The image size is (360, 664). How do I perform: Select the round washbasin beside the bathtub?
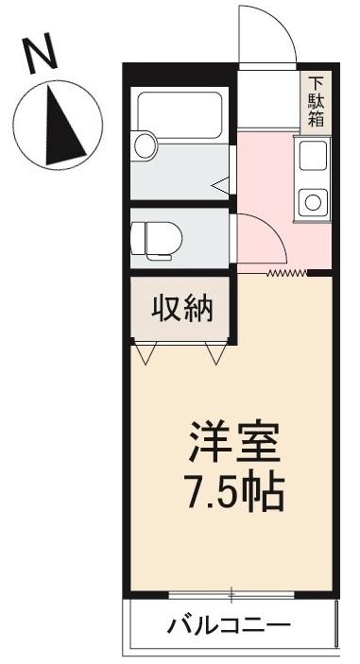tap(144, 145)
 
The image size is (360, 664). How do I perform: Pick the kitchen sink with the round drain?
tap(311, 199)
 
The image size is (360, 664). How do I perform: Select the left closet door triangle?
tap(146, 354)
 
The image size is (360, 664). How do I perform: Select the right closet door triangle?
tap(214, 354)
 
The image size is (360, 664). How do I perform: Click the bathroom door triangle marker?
tap(219, 185)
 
